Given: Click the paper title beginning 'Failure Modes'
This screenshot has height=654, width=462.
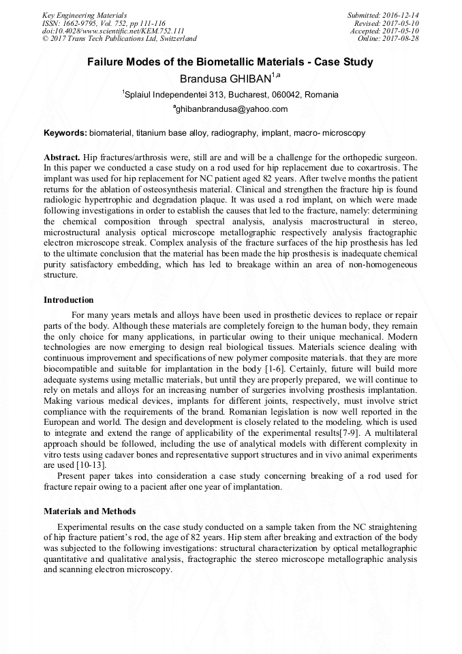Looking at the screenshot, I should [230, 62].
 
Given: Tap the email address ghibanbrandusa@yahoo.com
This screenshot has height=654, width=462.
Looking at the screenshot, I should [231, 109].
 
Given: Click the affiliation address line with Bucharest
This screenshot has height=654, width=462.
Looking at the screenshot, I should [230, 95].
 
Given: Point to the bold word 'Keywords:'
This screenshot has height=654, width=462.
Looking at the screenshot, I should [65, 132].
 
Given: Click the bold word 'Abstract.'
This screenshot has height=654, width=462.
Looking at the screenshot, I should [63, 156].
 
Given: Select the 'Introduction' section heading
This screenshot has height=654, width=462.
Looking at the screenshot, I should [69, 299].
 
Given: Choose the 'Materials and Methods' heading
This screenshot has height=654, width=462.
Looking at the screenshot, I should [89, 511].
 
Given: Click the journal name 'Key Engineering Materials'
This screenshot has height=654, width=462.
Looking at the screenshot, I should [84, 15].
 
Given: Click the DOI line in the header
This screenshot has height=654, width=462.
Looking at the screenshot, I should [113, 31].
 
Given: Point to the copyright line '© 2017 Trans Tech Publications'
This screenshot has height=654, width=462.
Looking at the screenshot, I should [119, 39].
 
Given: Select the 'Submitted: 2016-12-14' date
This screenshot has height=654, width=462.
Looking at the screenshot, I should [383, 15].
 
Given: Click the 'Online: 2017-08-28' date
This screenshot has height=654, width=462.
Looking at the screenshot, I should [388, 39].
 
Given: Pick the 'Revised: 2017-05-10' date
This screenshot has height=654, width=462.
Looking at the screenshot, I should [386, 23].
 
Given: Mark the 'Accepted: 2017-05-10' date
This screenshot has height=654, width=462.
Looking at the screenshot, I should [384, 31].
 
